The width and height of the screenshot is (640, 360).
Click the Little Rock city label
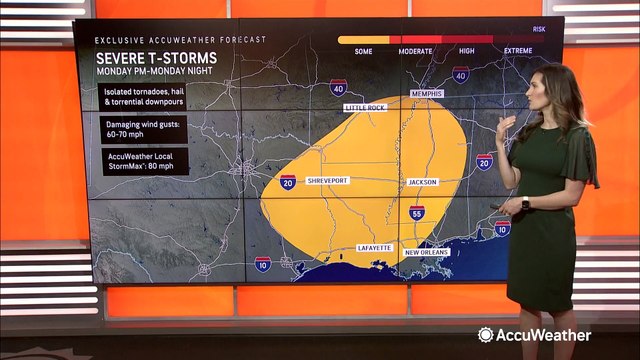[364, 106]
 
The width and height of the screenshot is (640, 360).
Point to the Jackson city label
[421, 181]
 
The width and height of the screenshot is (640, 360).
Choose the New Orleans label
[426, 252]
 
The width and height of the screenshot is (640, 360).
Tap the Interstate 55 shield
[416, 213]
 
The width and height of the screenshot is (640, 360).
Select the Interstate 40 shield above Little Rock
[339, 87]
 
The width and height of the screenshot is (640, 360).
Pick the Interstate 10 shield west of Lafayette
[262, 264]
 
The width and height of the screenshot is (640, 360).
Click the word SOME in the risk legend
[364, 50]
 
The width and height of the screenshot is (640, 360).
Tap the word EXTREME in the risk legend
[517, 50]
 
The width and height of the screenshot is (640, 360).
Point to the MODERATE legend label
[415, 50]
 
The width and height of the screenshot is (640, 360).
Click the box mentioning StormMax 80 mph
[141, 162]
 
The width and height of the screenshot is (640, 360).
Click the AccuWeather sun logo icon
[485, 335]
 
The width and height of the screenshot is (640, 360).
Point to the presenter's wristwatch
[525, 203]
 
